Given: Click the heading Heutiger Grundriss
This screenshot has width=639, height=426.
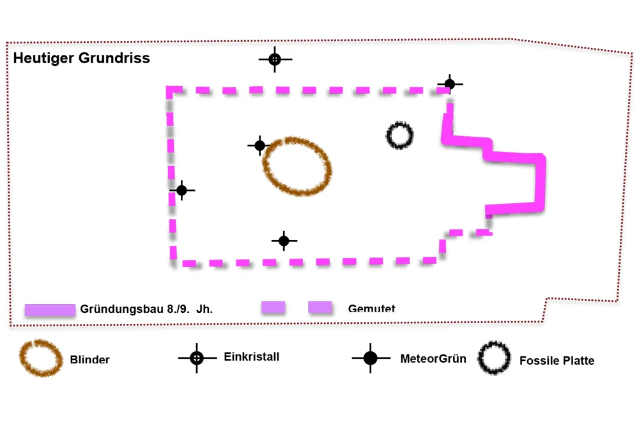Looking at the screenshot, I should pos(81,58).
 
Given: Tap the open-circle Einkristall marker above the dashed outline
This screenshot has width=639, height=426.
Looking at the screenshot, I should pos(275,59).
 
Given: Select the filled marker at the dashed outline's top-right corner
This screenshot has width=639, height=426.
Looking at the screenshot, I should pos(450,84).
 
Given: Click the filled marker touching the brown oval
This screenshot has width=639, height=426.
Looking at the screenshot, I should pos(259,146).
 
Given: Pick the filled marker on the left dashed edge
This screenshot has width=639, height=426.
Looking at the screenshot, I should pos(181,190).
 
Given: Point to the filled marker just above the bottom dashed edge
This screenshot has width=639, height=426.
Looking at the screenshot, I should pos(284,241).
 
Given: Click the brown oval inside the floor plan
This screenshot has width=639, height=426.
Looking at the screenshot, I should pos(298,166).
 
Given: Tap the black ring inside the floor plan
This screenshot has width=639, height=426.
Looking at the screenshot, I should pos(400,135).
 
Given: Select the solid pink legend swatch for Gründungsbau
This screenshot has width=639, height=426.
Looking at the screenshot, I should pos(50,310).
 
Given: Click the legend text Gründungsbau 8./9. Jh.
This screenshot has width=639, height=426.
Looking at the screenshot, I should pos(146,309).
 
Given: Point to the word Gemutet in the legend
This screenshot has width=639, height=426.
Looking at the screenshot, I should pos(371,309).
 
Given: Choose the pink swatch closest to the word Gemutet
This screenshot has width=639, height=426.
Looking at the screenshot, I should pos(321,307).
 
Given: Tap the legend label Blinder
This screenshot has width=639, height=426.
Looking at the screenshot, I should pos(90,360).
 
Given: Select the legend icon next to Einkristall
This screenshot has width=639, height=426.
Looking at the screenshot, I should pos(197,358).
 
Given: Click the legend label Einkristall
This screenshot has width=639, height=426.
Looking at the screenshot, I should pos(252,357).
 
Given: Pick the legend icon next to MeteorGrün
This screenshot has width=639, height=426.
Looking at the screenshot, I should pos(371,358).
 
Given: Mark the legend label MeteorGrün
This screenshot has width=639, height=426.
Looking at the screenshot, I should pos(433,358).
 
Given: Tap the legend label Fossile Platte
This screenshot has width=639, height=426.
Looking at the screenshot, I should pos(557,361).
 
